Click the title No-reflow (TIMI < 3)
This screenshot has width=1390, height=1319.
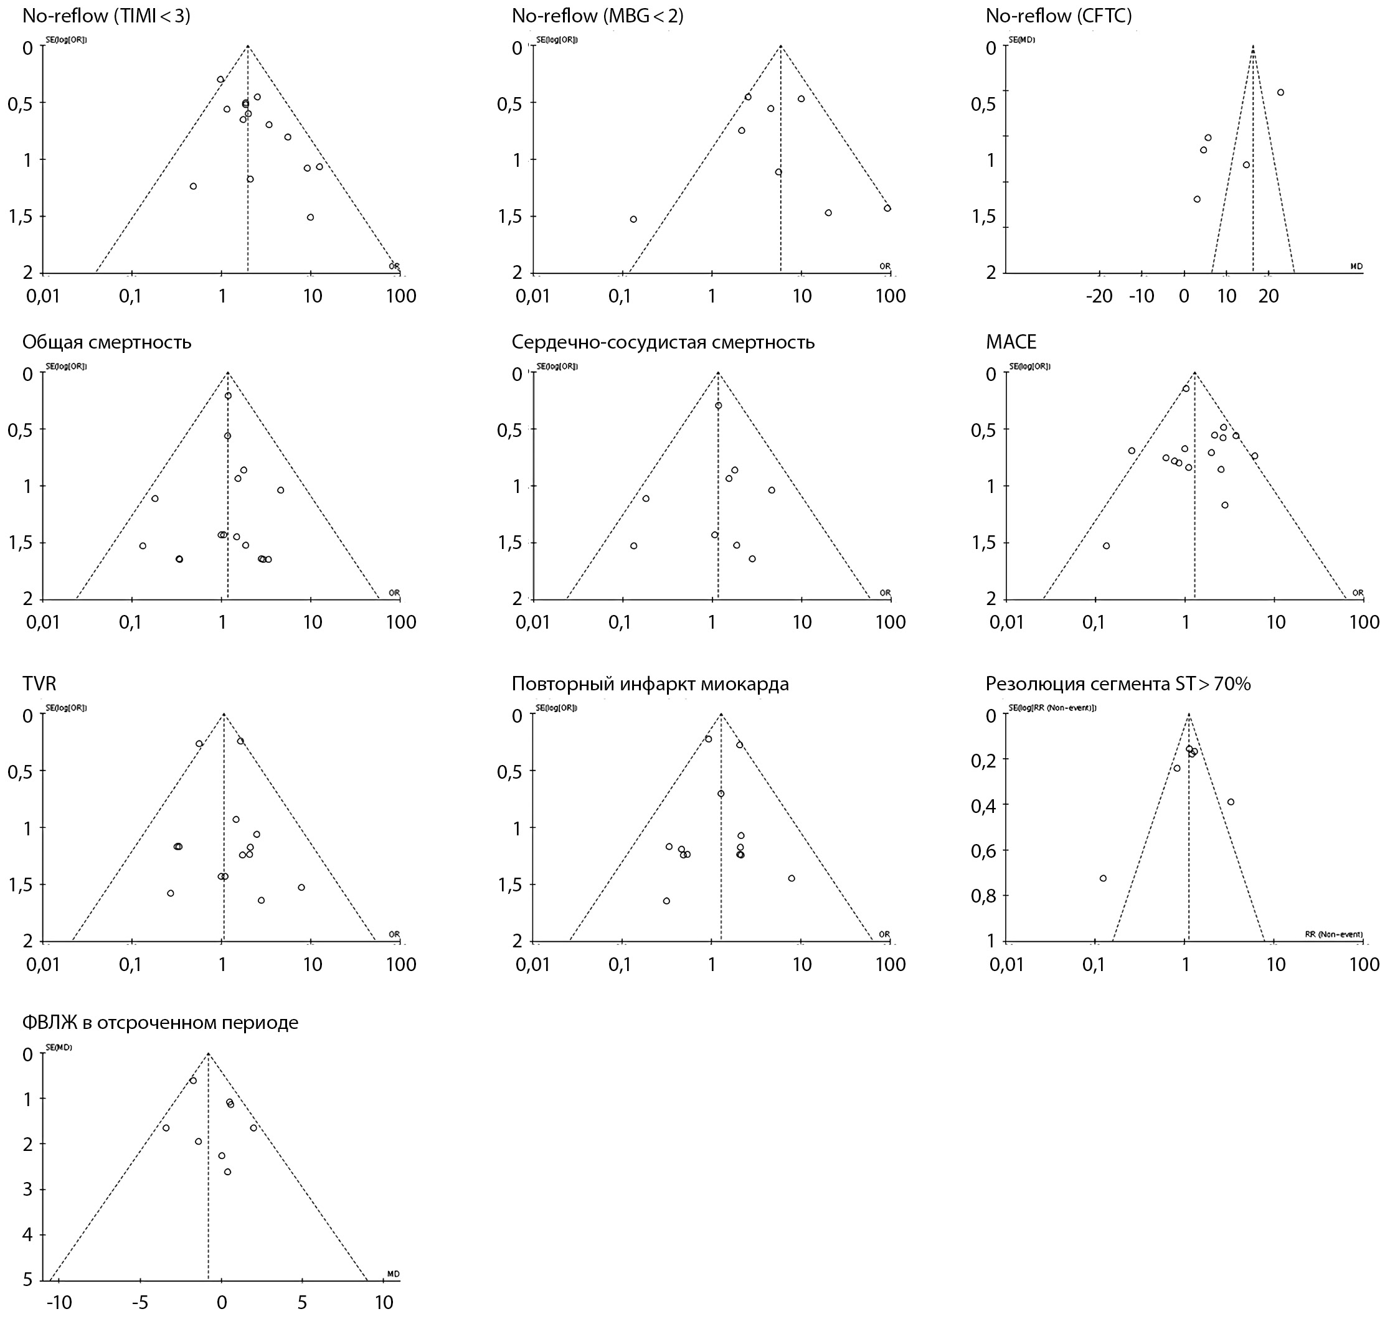coord(106,16)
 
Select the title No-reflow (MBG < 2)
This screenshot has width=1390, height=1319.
coord(597,16)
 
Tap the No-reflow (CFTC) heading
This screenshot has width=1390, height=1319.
coord(1059,16)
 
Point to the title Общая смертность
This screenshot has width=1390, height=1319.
coord(107,342)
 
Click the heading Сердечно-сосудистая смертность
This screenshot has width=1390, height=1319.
coord(663,342)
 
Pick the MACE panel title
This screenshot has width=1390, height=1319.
coord(1011,342)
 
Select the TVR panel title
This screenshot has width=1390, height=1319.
coord(39,683)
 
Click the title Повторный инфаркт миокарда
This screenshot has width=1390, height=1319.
coord(650,683)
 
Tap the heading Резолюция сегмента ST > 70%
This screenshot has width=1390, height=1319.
coord(1118,683)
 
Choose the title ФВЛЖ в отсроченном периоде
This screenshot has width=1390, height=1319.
coord(161,1022)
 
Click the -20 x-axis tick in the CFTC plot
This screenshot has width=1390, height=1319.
coord(1099,296)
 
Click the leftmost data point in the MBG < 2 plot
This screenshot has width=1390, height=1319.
coord(633,219)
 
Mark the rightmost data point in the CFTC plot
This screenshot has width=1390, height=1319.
coord(1281,92)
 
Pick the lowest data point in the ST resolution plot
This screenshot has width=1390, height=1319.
coord(1103,878)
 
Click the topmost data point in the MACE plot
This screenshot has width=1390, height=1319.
coord(1186,389)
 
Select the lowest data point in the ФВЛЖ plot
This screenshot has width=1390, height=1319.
coord(227,1172)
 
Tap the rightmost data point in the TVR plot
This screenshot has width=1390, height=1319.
coord(301,887)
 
